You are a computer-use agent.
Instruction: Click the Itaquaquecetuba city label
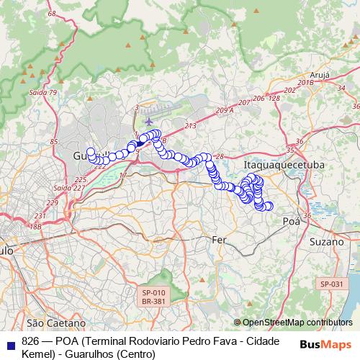click(x=284, y=166)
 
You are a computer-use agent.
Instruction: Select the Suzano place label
click(x=328, y=242)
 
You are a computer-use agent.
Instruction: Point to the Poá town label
click(x=291, y=221)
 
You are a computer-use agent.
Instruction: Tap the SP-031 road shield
click(x=332, y=284)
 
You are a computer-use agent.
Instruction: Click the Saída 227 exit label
click(x=68, y=188)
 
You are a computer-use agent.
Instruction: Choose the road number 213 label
click(x=190, y=127)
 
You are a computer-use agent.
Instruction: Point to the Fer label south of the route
click(x=219, y=239)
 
